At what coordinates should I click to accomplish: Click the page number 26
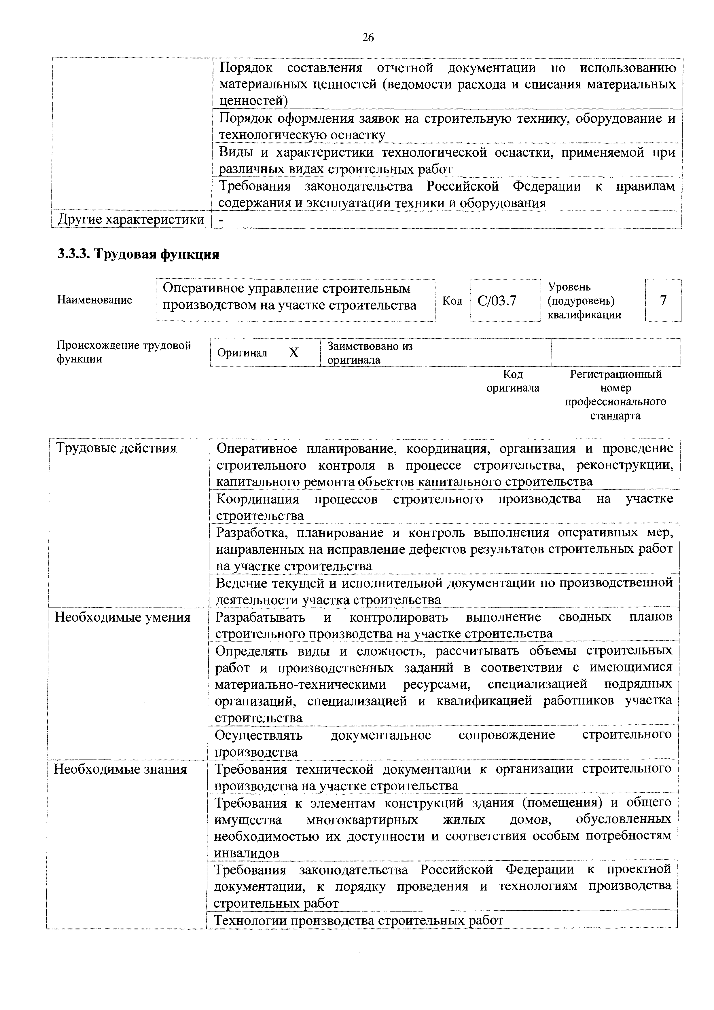368,38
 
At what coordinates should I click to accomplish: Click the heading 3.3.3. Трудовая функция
138,254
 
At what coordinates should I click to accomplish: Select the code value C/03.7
497,301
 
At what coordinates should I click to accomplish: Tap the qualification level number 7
663,301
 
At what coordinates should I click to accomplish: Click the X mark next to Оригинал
294,353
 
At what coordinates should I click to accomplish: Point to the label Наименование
94,300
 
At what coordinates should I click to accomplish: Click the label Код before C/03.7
452,301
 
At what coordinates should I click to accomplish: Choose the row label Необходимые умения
122,618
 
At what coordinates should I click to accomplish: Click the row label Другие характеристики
131,219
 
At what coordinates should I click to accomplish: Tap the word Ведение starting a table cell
242,583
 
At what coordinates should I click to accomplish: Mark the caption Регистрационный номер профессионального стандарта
615,395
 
